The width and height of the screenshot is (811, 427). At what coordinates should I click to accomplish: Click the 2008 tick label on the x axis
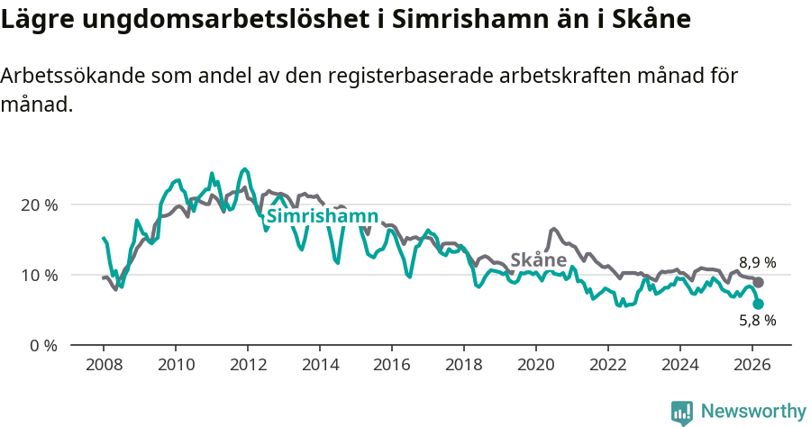pyautogui.click(x=103, y=364)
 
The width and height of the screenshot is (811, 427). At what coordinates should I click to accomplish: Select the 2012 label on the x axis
pyautogui.click(x=247, y=364)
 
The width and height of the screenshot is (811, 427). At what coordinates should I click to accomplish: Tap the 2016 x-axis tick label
pyautogui.click(x=391, y=364)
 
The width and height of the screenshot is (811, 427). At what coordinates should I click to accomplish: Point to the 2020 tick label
pyautogui.click(x=535, y=364)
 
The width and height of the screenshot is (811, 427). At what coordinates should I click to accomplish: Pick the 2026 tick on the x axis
pyautogui.click(x=752, y=364)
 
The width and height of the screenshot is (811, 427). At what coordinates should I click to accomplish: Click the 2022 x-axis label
pyautogui.click(x=607, y=364)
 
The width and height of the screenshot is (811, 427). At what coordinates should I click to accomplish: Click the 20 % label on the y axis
pyautogui.click(x=39, y=204)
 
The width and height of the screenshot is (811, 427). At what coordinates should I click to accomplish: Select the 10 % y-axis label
pyautogui.click(x=39, y=275)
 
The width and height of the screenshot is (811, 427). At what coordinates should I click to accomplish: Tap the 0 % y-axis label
pyautogui.click(x=42, y=345)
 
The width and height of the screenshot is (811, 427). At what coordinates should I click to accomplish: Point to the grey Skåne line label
pyautogui.click(x=538, y=260)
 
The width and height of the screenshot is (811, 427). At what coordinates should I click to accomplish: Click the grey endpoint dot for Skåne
pyautogui.click(x=759, y=283)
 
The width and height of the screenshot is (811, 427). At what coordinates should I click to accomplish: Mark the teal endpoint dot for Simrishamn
pyautogui.click(x=759, y=304)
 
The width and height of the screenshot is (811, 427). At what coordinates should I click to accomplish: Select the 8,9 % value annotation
pyautogui.click(x=757, y=263)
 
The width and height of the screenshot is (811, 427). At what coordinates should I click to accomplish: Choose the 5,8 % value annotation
pyautogui.click(x=757, y=321)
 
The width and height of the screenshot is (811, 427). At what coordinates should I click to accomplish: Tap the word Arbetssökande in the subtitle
pyautogui.click(x=68, y=76)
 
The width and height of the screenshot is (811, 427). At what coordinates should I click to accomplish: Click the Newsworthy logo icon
pyautogui.click(x=682, y=413)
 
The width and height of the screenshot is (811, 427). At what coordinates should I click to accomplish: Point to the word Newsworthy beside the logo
pyautogui.click(x=753, y=412)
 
